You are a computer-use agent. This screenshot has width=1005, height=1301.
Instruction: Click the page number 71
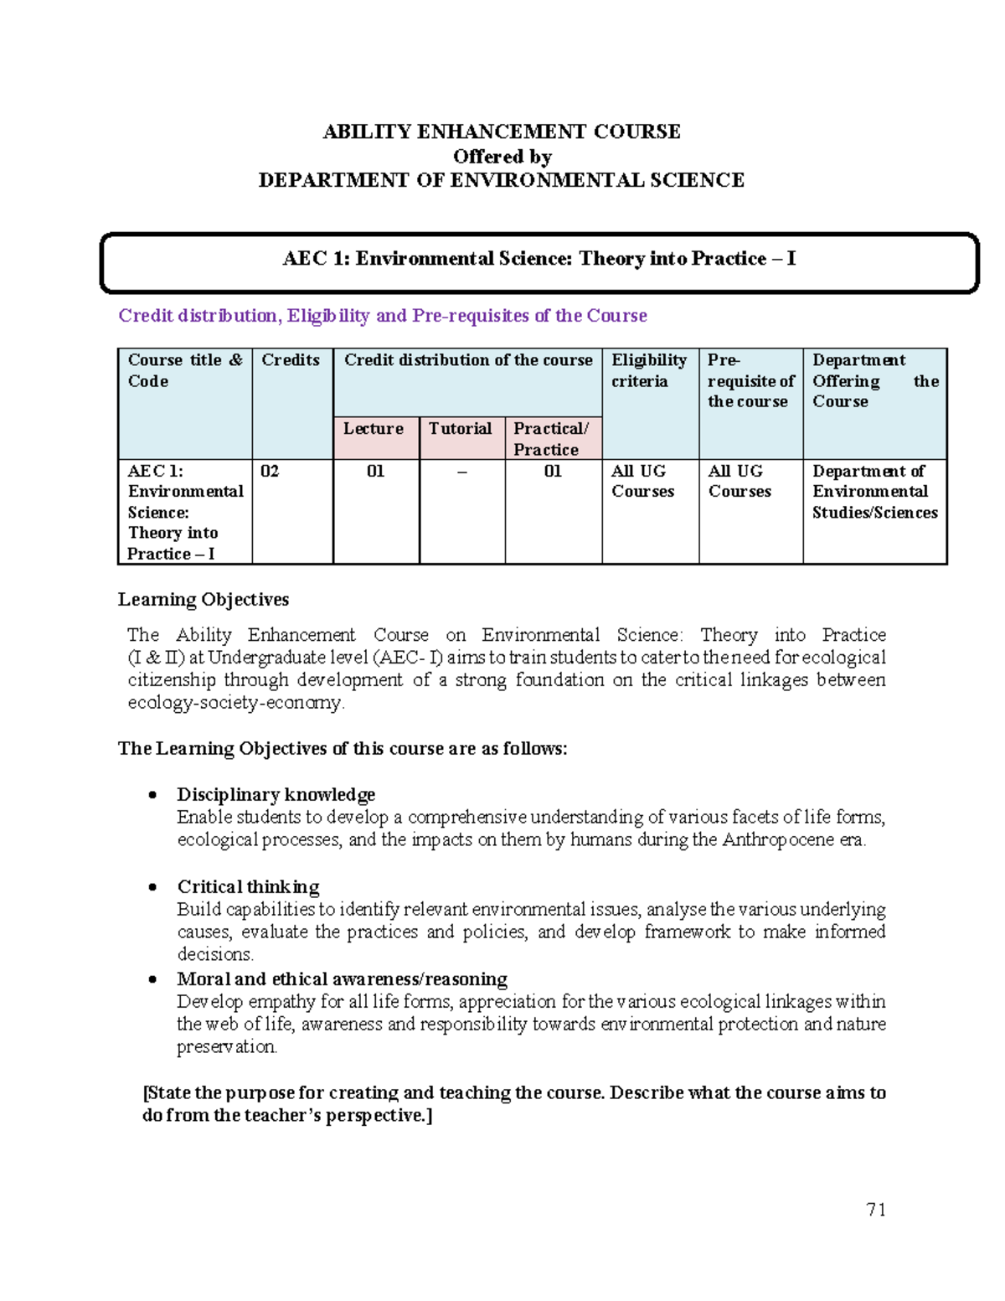876,1209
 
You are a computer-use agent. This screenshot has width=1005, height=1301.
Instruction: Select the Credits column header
291,360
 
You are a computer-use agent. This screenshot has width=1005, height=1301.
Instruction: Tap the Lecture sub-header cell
374,429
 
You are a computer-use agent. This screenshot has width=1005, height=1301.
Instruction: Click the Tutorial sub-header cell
461,429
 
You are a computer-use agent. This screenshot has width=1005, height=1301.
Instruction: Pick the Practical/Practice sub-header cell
551,439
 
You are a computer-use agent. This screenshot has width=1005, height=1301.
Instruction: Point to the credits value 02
270,471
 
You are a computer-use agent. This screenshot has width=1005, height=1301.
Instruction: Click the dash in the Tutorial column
461,472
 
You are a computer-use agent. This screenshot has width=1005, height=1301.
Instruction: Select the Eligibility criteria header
648,370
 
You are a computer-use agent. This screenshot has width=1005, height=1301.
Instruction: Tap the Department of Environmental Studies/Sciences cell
874,492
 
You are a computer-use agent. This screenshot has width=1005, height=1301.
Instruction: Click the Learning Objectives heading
204,599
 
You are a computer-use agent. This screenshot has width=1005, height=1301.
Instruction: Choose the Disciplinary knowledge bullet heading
276,794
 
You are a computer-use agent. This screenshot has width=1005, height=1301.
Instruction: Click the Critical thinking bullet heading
248,886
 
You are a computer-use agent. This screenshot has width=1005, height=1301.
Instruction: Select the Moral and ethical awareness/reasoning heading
342,978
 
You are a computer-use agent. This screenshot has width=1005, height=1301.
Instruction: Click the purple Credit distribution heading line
383,316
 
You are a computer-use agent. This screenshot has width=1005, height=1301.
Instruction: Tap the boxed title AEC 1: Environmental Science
539,259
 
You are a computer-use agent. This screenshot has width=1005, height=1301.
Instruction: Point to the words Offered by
502,157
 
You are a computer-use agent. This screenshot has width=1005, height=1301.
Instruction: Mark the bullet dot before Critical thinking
152,887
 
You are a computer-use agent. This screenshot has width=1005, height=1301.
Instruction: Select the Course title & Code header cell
184,370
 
